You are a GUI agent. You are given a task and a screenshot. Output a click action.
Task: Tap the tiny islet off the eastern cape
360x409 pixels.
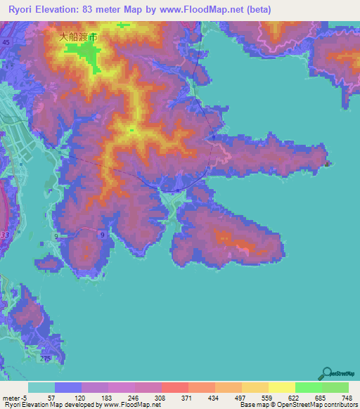tap(327, 164)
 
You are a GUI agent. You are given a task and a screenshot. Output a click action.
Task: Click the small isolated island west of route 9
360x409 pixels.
tap(48, 264)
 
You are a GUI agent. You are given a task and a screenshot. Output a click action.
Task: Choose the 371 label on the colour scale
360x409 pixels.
tap(168, 397)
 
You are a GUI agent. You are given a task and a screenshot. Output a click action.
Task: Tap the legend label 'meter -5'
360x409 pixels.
tap(15, 397)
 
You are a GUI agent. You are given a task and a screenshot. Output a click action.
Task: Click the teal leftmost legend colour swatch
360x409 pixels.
tap(41, 387)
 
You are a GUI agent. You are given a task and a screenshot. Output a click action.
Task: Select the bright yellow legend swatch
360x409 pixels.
tap(282, 387)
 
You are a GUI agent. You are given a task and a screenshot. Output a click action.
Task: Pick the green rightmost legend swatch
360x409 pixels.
tap(335, 387)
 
